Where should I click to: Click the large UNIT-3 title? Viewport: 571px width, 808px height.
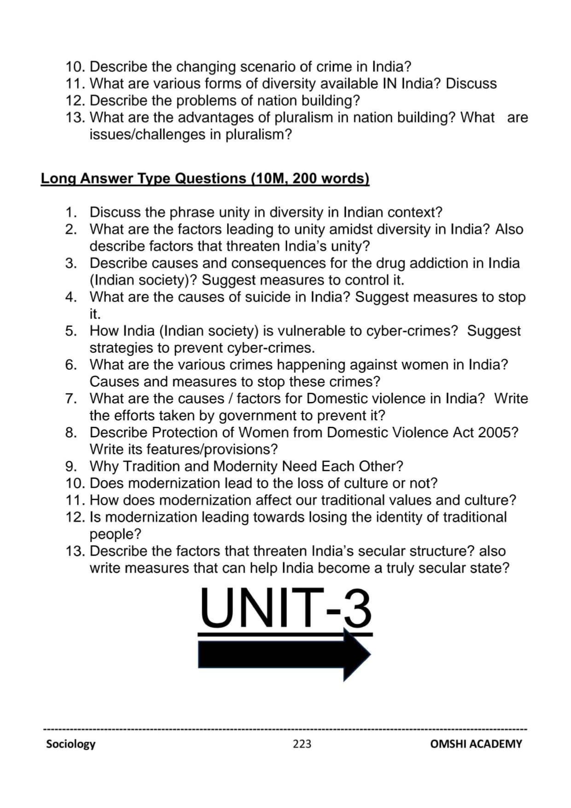pyautogui.click(x=285, y=608)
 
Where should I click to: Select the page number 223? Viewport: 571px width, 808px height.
pyautogui.click(x=302, y=744)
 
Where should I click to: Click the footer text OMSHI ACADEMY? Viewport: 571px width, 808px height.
pyautogui.click(x=476, y=744)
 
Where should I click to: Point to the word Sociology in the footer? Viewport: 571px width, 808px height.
pyautogui.click(x=70, y=744)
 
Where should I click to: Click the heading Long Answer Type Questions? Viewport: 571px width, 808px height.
pyautogui.click(x=205, y=179)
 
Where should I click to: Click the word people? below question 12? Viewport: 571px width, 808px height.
pyautogui.click(x=115, y=534)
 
